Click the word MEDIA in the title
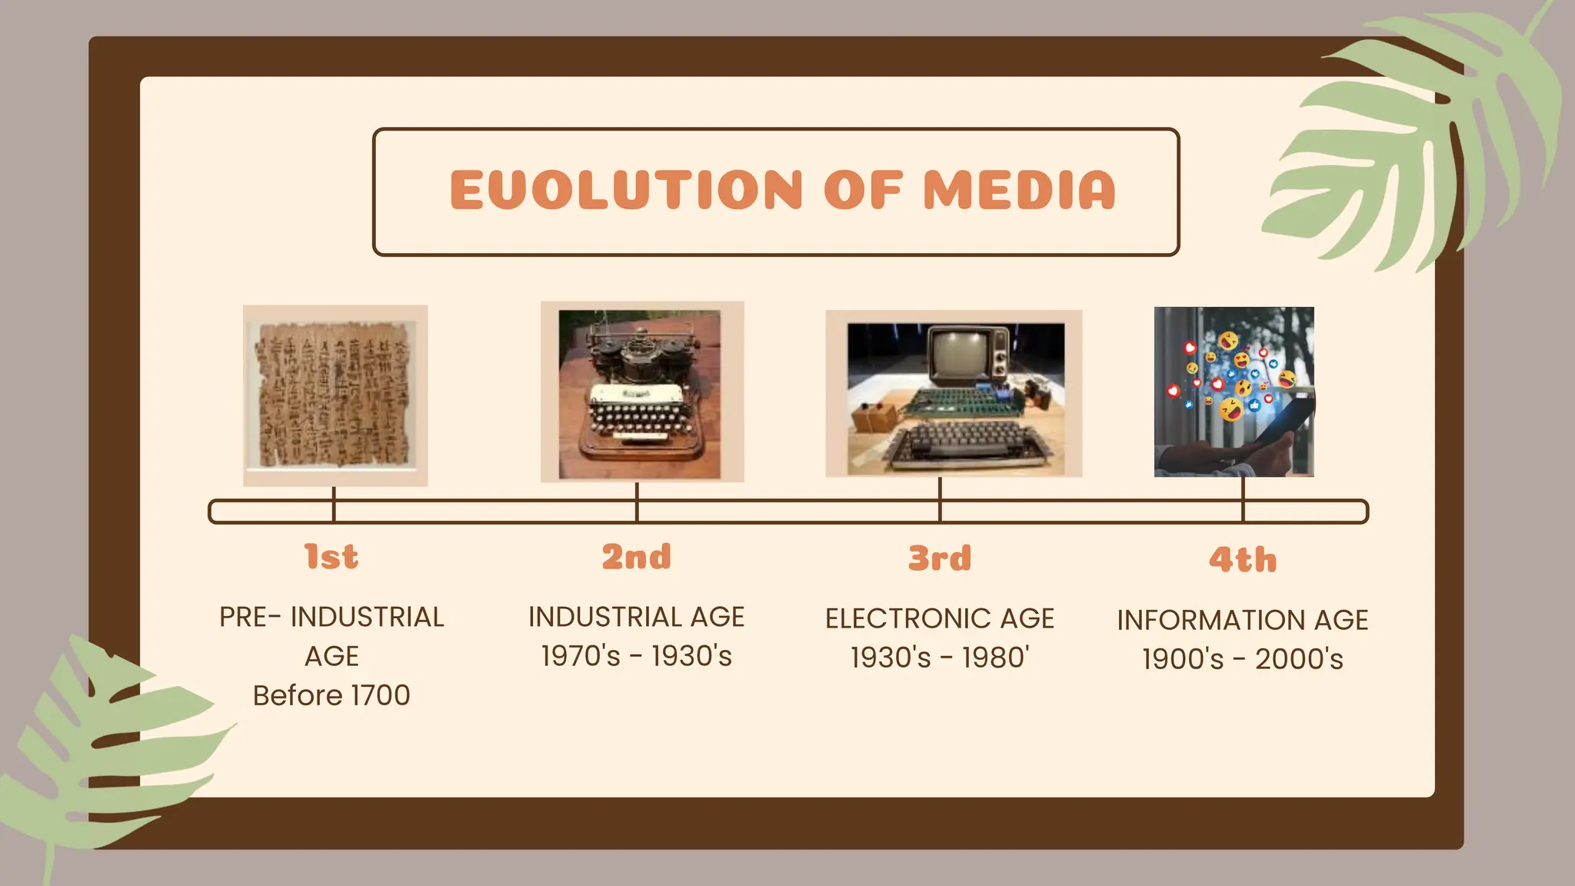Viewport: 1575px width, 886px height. point(1019,190)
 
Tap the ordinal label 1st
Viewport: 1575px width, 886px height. point(331,557)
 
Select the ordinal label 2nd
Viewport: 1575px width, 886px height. point(636,557)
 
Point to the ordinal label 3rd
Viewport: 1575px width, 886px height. point(939,558)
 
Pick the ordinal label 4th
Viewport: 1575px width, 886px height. point(1243,560)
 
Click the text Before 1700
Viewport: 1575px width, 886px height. point(331,695)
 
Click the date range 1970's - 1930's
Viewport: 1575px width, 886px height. point(636,656)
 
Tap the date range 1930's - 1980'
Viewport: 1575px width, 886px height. point(939,658)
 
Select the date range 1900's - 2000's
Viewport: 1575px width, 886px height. point(1243,659)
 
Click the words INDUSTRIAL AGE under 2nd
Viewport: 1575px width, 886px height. point(636,617)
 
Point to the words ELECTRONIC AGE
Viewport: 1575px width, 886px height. point(939,618)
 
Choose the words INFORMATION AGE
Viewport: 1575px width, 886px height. point(1243,620)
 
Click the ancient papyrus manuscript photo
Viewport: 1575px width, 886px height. point(335,395)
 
